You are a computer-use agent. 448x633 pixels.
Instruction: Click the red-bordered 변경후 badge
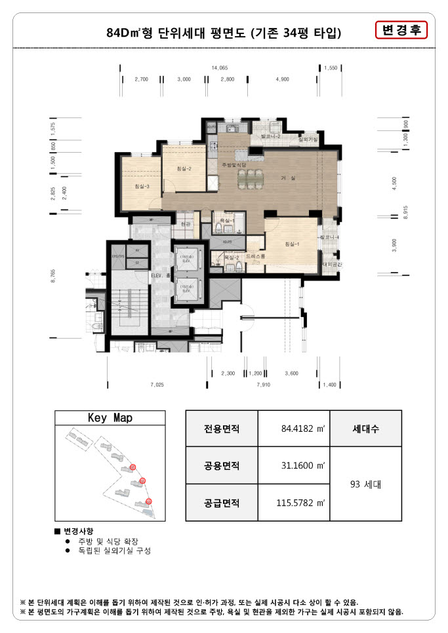[401, 31]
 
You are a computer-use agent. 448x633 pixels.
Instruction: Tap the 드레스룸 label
[256, 256]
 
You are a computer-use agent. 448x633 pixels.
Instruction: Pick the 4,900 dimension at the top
[282, 79]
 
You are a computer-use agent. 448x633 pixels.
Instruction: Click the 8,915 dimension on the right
[406, 213]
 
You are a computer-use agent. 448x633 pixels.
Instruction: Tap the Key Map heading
[110, 417]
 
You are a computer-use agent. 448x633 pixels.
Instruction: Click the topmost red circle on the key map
[133, 467]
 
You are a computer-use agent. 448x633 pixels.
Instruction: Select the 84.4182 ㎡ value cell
[293, 429]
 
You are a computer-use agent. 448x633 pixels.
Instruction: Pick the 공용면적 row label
[222, 466]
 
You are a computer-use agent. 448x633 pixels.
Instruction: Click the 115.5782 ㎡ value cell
[293, 503]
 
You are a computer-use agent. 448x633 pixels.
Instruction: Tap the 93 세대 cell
[365, 485]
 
